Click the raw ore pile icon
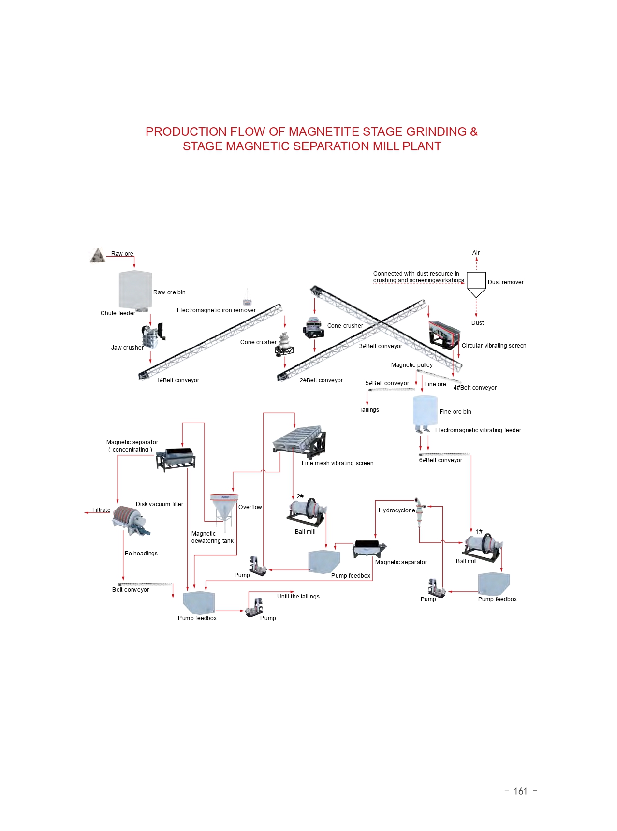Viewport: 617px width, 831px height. click(98, 256)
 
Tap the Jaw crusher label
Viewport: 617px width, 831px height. click(127, 348)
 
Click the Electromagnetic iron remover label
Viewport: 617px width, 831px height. click(216, 310)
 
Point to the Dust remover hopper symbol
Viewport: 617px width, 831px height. click(476, 284)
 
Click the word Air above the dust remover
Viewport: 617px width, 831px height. click(476, 253)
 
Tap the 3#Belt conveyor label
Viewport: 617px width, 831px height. click(381, 346)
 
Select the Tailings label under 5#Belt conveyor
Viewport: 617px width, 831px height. click(369, 410)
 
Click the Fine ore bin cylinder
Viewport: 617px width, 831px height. click(425, 410)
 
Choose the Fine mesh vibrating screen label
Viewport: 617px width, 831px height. click(338, 463)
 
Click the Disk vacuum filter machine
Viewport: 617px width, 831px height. click(130, 521)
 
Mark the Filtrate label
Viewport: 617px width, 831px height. click(102, 510)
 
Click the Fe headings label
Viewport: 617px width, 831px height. click(141, 554)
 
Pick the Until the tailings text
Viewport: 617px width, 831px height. click(298, 597)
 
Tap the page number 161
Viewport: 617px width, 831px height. click(520, 791)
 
